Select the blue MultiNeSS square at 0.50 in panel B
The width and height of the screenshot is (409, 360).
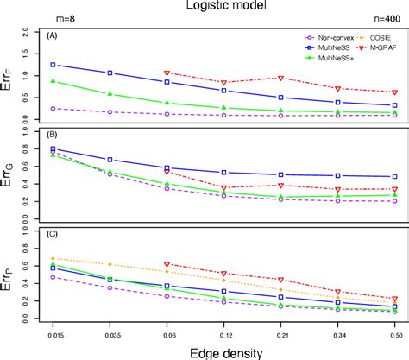(394, 176)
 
